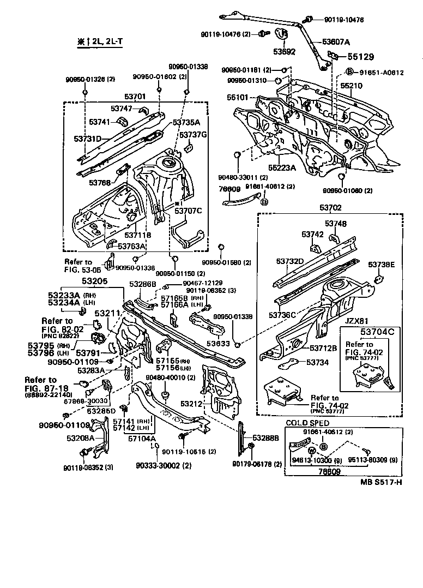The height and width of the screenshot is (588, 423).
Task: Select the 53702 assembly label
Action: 330,208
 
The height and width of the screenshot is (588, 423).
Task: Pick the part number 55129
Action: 361,56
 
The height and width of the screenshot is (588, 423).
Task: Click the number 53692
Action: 285,53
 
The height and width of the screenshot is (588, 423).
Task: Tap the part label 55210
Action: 352,86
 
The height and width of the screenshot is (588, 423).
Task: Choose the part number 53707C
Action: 188,211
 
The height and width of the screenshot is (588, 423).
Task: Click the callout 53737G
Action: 194,135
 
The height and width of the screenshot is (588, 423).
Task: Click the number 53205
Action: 95,281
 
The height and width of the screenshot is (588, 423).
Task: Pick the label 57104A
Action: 142,438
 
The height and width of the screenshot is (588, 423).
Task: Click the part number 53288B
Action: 265,437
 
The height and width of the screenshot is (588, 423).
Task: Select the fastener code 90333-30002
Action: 158,465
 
